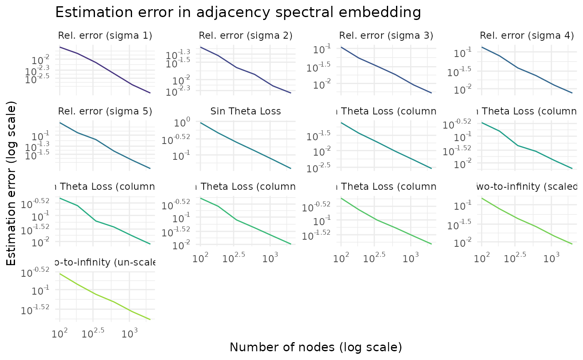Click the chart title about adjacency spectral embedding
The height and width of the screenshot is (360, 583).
238,12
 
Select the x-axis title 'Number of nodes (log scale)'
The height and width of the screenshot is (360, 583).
316,347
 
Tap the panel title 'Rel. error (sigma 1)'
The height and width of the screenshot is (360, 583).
105,35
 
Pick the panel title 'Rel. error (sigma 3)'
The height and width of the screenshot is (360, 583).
386,35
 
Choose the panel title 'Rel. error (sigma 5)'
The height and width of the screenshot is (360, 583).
105,111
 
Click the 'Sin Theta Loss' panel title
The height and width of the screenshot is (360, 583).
246,111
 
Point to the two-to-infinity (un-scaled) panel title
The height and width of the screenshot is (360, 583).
105,262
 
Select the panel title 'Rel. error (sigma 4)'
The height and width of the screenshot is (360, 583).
527,35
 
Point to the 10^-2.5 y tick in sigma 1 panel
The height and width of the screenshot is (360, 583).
37,78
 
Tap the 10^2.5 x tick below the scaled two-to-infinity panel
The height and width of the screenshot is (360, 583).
515,258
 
